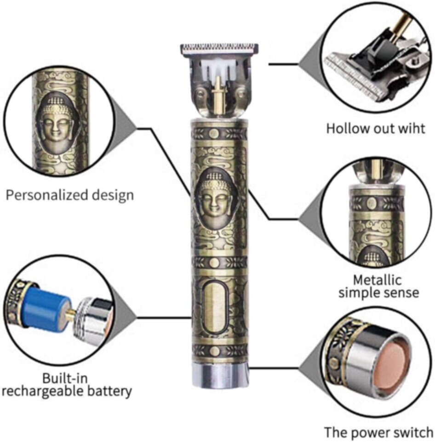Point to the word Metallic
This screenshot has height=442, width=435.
click(378, 279)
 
